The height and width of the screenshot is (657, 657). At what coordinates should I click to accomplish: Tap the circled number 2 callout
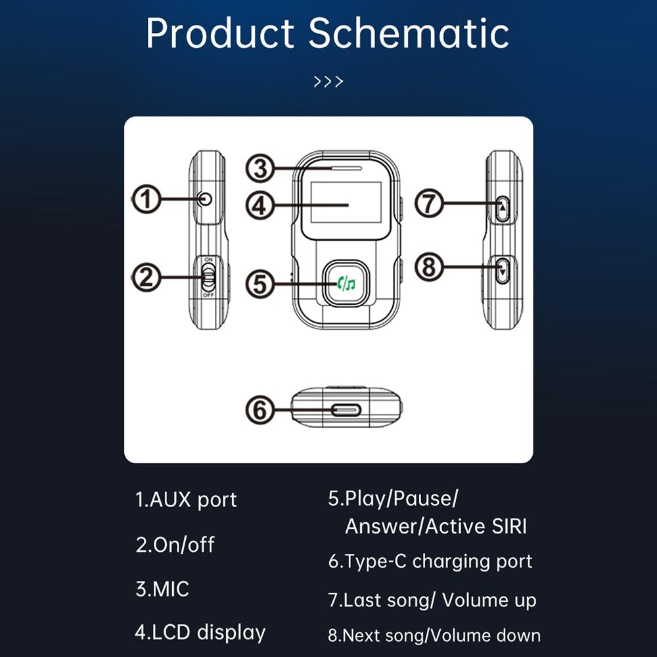pyautogui.click(x=147, y=277)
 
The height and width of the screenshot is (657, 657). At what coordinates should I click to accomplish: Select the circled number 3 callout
pyautogui.click(x=261, y=169)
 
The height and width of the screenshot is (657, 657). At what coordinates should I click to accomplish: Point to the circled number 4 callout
pyautogui.click(x=261, y=205)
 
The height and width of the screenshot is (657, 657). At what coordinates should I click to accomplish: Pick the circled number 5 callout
pyautogui.click(x=261, y=284)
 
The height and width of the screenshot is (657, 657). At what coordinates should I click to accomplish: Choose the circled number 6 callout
pyautogui.click(x=260, y=411)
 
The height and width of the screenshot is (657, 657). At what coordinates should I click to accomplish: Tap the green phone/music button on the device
pyautogui.click(x=345, y=284)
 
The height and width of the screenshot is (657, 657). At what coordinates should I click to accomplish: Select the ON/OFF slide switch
pyautogui.click(x=208, y=277)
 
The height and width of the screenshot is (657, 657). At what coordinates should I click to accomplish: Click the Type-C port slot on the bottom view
pyautogui.click(x=346, y=411)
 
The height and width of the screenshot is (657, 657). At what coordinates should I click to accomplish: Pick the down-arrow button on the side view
pyautogui.click(x=503, y=270)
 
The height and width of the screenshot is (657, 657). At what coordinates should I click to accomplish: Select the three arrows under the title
pyautogui.click(x=328, y=82)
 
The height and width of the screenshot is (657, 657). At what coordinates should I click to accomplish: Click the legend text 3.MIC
pyautogui.click(x=162, y=589)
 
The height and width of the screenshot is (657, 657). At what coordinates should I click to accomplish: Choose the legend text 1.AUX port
pyautogui.click(x=186, y=500)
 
